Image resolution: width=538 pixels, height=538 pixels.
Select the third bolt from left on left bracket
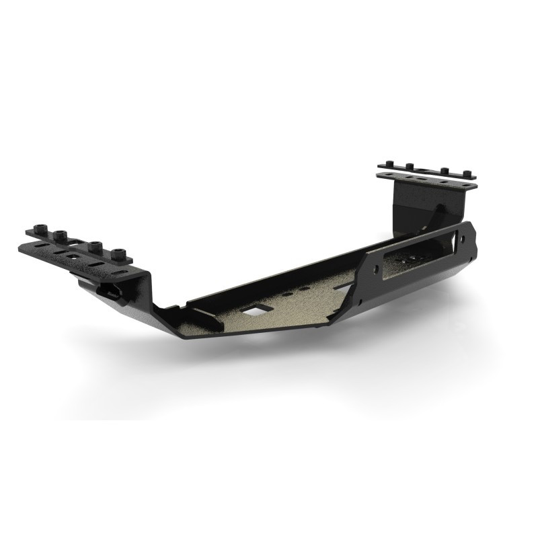click(x=93, y=243)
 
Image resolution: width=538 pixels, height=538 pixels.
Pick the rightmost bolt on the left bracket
click(x=120, y=254)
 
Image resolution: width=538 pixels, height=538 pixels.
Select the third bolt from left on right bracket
click(x=445, y=170)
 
